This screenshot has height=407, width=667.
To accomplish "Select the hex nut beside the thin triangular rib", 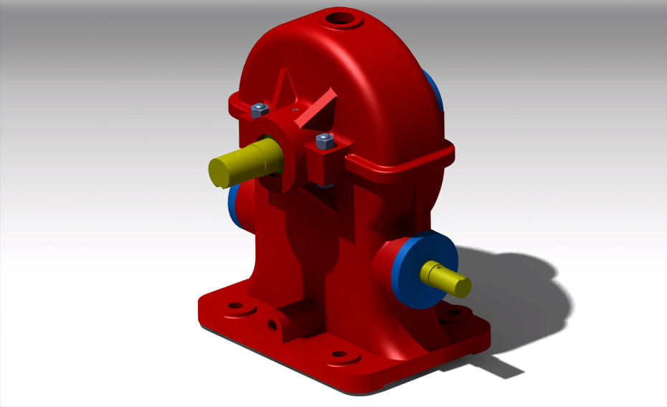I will [258, 110].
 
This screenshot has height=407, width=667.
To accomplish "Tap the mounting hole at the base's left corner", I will [235, 307].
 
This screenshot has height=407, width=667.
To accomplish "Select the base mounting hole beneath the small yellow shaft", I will [452, 313].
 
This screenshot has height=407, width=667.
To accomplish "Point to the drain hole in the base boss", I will [273, 325].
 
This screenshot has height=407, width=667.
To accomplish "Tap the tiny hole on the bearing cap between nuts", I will [295, 109].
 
